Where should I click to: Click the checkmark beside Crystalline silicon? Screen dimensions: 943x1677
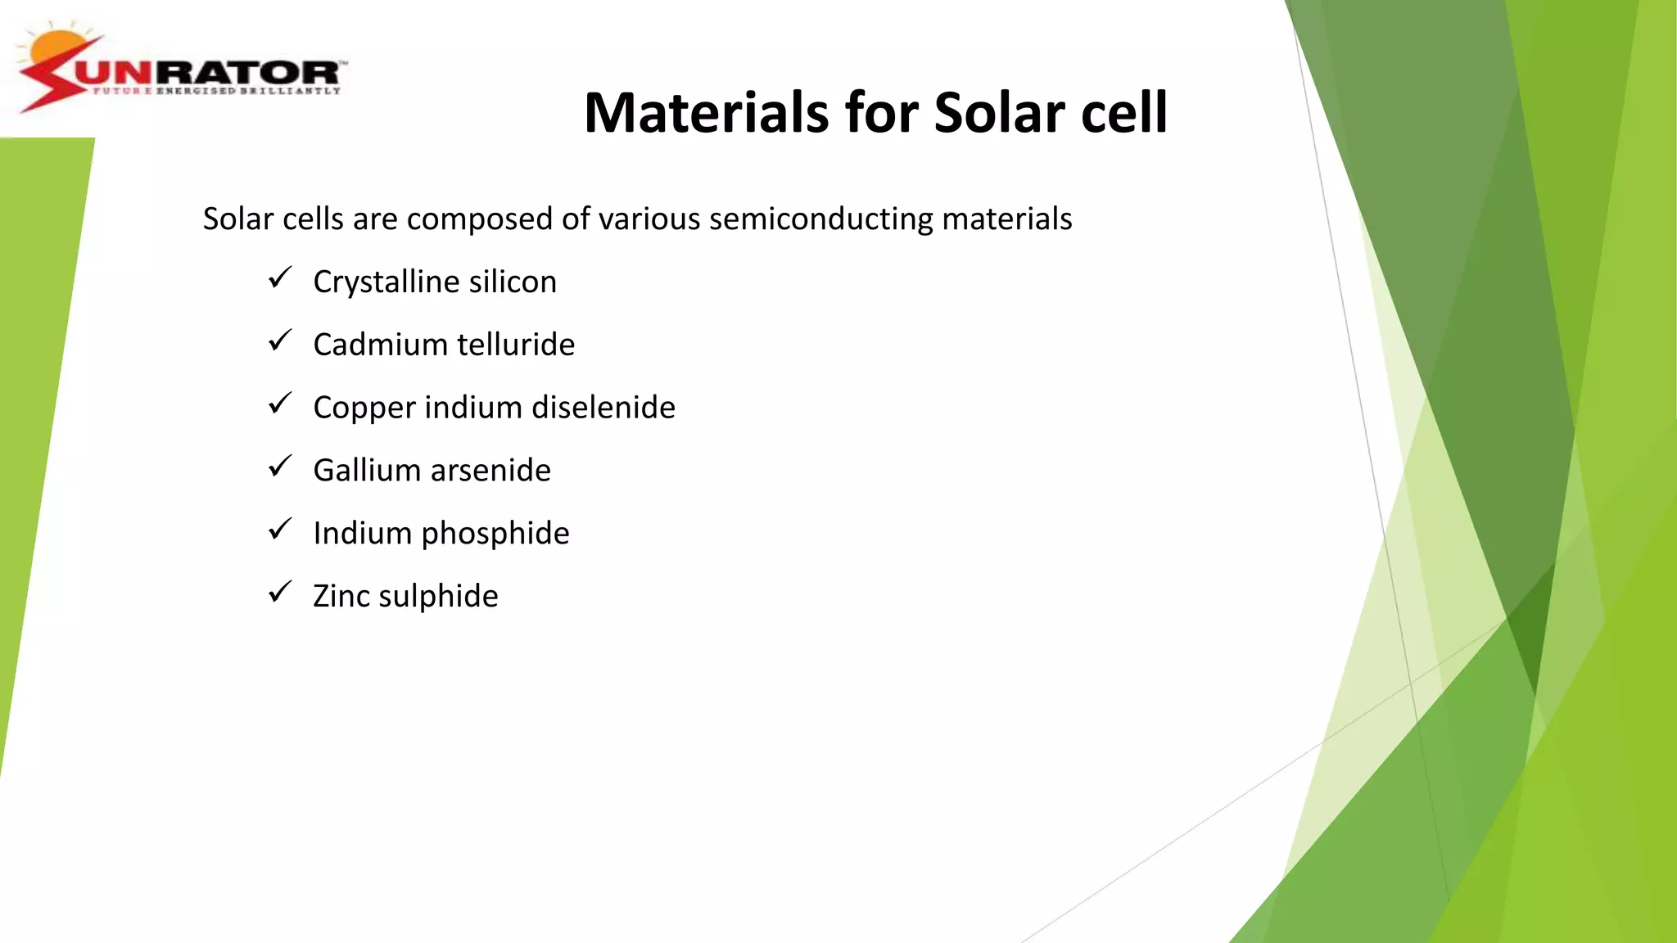(x=280, y=278)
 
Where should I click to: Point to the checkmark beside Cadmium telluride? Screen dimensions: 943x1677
(x=280, y=341)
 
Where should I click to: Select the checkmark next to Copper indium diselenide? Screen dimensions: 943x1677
(x=280, y=404)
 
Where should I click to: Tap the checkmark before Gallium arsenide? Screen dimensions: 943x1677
(x=280, y=467)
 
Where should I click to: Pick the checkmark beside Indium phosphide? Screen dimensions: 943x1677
(x=280, y=530)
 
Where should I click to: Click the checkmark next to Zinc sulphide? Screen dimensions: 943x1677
(x=280, y=592)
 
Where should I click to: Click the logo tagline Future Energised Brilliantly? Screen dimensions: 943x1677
(x=216, y=91)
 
